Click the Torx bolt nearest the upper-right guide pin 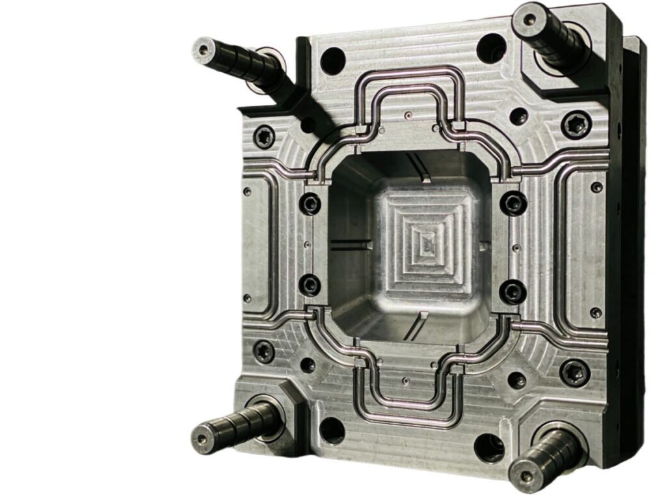[576, 124]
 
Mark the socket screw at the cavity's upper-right [513, 203]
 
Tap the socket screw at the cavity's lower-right [513, 290]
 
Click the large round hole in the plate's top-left [332, 61]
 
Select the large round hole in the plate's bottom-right [489, 448]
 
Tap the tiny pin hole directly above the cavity [408, 117]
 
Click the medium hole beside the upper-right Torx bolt [518, 117]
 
